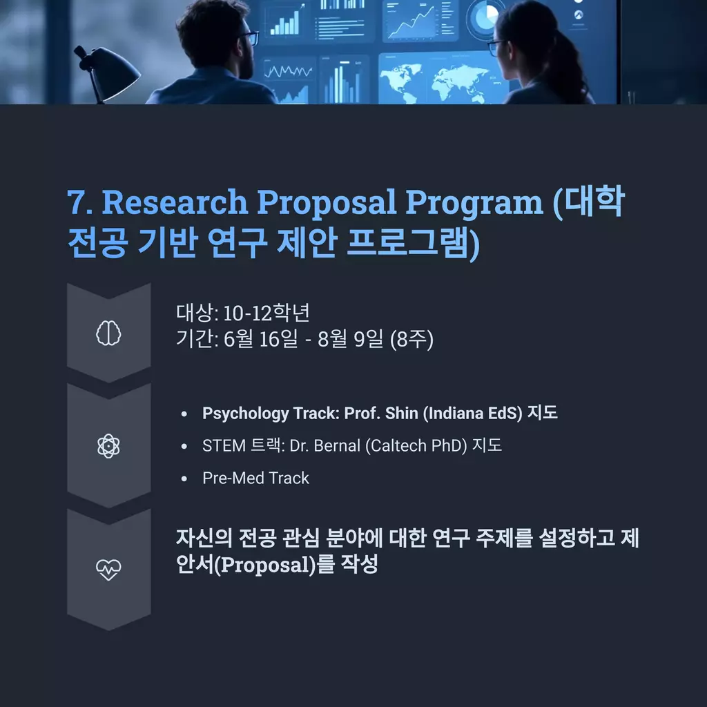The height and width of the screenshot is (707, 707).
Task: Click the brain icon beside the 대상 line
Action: (108, 333)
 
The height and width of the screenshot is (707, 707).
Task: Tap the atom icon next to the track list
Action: (108, 446)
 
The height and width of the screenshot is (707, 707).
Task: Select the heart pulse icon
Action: (108, 570)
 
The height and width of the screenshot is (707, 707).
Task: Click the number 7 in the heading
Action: (77, 202)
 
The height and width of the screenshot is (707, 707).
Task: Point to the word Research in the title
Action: (175, 202)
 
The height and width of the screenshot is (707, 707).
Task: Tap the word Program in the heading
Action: (474, 203)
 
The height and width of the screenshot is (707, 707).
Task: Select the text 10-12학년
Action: (267, 313)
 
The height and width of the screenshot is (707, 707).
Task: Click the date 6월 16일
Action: (260, 338)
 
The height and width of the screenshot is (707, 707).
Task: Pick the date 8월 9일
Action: (350, 338)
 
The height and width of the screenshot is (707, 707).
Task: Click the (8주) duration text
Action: (411, 339)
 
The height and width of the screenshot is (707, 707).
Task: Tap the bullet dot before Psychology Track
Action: (184, 414)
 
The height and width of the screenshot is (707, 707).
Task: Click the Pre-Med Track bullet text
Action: (255, 478)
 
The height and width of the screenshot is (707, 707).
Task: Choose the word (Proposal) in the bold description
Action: (264, 565)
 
